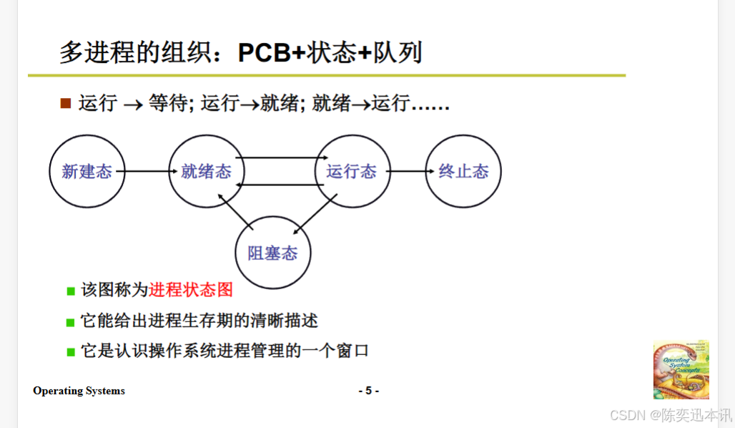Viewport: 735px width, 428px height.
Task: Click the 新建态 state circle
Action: click(x=87, y=172)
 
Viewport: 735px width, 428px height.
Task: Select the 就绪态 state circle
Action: click(x=206, y=172)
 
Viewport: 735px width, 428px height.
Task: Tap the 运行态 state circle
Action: click(x=352, y=172)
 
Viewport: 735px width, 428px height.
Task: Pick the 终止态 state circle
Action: click(x=463, y=172)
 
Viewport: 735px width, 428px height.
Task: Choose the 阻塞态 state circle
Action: click(x=273, y=253)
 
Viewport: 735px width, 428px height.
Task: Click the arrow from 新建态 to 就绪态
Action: click(x=147, y=172)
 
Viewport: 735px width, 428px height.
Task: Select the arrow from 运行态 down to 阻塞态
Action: click(x=315, y=214)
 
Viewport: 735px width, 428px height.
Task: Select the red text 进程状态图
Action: click(x=191, y=290)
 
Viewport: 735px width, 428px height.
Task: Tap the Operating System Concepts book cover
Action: click(x=681, y=369)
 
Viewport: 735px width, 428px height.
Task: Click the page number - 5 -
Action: click(x=368, y=391)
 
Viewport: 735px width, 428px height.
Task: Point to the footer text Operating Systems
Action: click(x=79, y=391)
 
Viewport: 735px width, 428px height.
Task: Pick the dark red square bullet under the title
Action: click(x=66, y=104)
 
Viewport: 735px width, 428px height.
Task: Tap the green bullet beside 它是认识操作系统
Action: click(x=71, y=352)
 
